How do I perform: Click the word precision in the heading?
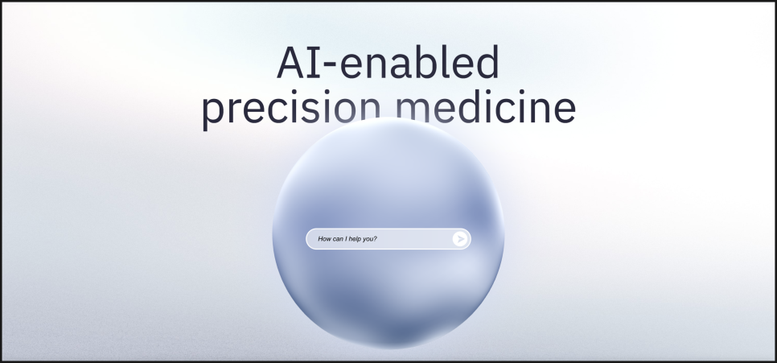click(291, 109)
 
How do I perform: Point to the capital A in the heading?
click(290, 63)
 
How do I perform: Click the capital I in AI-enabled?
click(312, 63)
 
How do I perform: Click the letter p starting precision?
click(214, 113)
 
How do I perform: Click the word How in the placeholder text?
click(324, 239)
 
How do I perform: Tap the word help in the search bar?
click(355, 239)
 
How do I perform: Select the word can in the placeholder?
click(339, 240)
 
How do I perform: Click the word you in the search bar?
click(368, 240)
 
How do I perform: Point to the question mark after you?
click(375, 239)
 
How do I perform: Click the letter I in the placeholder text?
click(347, 239)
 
